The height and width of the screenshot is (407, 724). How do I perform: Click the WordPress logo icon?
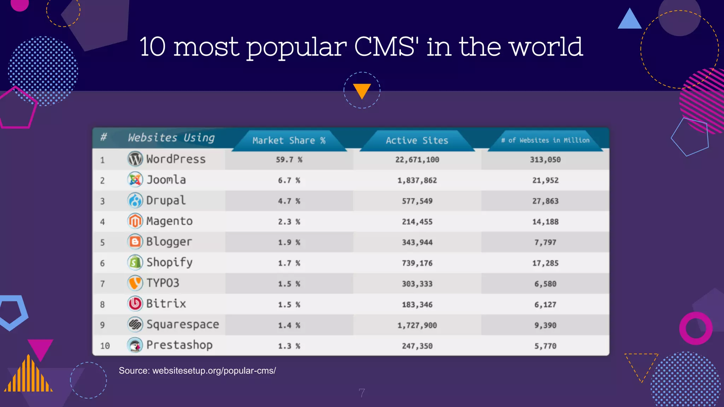click(135, 159)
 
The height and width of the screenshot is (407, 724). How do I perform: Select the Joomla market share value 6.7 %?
click(289, 181)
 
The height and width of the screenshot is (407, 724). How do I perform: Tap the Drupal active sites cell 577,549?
click(417, 201)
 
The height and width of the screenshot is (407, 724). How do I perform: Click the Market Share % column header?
click(289, 141)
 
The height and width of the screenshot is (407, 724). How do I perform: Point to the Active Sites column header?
click(417, 141)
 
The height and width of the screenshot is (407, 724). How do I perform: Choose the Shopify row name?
click(170, 263)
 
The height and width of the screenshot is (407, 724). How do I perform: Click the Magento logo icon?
click(135, 221)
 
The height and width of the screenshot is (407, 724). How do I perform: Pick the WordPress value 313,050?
click(545, 160)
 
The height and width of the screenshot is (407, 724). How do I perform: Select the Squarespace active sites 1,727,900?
click(417, 325)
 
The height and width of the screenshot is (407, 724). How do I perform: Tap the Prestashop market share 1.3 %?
click(289, 346)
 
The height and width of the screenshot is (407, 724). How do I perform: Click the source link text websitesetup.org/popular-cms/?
click(214, 371)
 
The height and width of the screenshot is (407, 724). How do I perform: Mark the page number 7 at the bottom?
click(362, 393)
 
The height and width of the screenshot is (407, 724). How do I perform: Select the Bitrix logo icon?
click(135, 303)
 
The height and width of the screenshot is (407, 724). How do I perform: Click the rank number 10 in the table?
click(105, 346)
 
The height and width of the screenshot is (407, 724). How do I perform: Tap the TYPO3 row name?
click(163, 283)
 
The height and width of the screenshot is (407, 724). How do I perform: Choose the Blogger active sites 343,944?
click(417, 242)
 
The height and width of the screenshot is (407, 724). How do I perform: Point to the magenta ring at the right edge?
click(696, 328)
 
